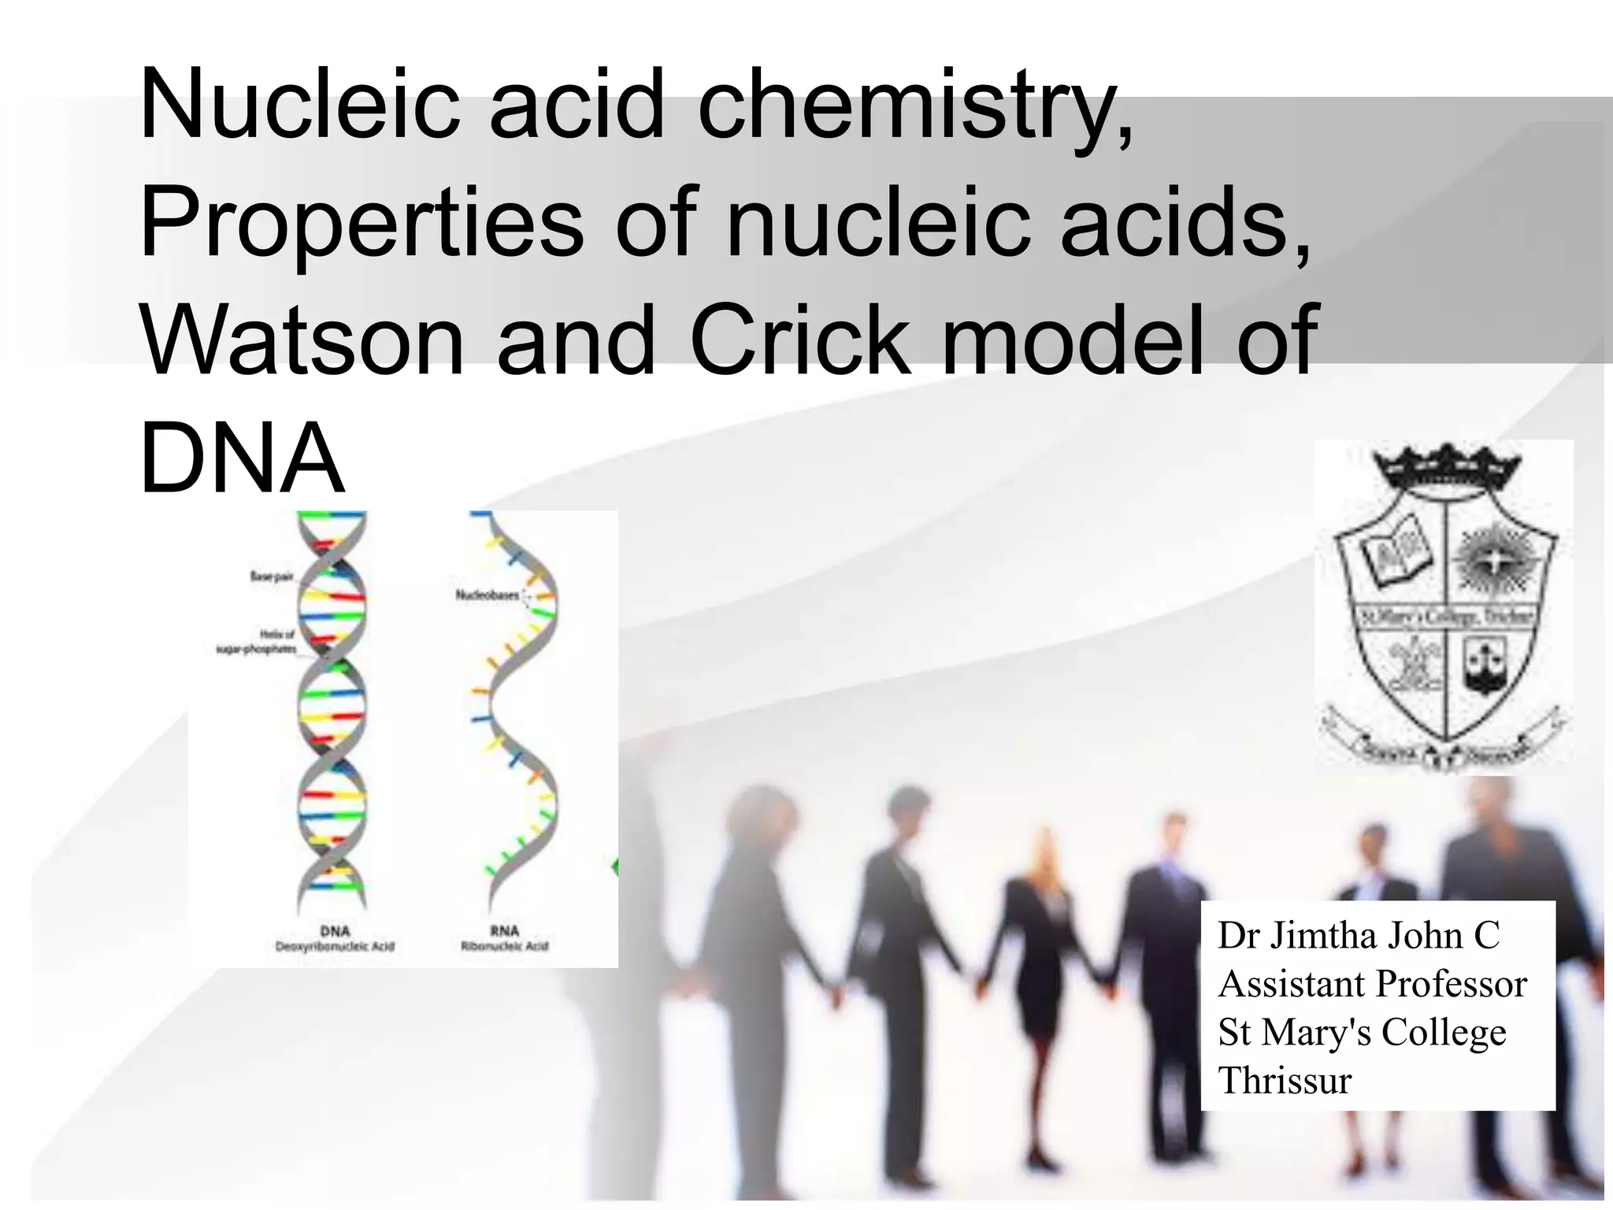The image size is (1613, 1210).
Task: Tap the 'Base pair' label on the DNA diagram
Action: click(x=272, y=577)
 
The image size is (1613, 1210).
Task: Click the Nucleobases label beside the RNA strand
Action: click(x=488, y=596)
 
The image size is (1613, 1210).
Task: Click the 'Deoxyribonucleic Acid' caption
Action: click(x=335, y=946)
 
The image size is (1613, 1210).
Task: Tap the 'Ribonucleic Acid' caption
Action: click(x=504, y=946)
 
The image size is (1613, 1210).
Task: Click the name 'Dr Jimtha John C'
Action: click(x=1359, y=936)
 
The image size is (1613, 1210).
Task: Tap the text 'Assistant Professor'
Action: click(x=1372, y=984)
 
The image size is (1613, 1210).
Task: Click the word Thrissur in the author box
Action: click(x=1285, y=1080)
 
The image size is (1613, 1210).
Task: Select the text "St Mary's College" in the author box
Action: click(x=1362, y=1032)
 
